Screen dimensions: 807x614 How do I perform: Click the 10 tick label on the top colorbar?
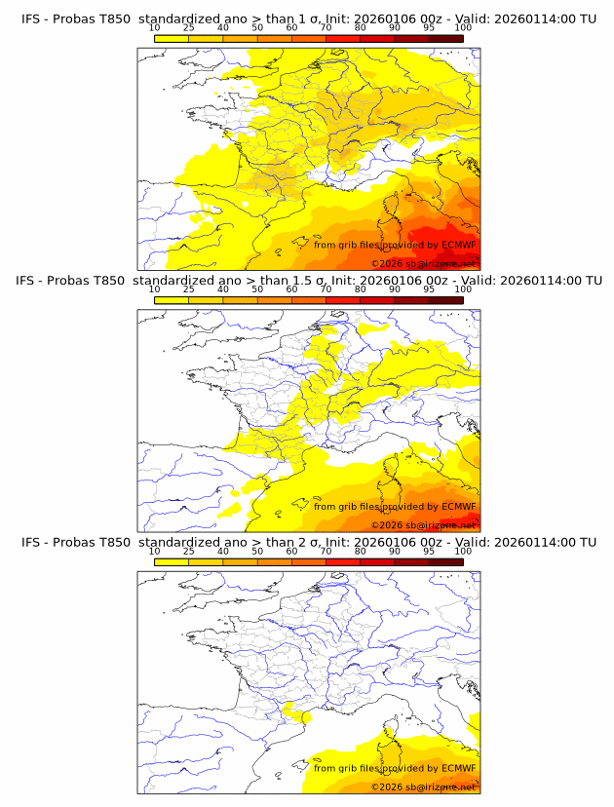[x=154, y=27]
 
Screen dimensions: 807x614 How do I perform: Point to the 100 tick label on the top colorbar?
[x=463, y=27]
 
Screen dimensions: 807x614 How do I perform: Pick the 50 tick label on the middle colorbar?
[x=257, y=289]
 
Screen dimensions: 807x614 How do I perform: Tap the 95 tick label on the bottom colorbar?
[x=429, y=551]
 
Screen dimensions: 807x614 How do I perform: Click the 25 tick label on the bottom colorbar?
[x=188, y=551]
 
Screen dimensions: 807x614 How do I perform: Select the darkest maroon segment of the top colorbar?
[x=446, y=39]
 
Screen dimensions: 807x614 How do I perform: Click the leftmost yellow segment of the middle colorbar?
[x=172, y=301]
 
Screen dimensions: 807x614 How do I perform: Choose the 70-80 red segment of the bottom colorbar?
[x=343, y=562]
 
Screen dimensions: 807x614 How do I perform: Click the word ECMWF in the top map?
[x=458, y=245]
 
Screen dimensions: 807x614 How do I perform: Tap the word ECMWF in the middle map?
[x=458, y=506]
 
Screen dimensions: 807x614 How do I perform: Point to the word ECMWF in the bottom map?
[x=458, y=768]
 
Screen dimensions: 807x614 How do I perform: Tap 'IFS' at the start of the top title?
[x=31, y=19]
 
